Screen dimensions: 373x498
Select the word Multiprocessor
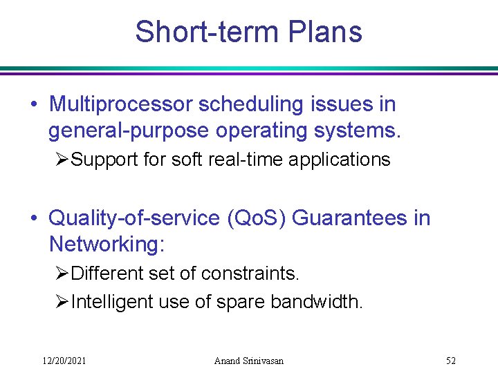click(121, 104)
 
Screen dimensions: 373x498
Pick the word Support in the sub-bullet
click(106, 160)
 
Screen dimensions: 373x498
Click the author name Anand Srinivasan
click(249, 361)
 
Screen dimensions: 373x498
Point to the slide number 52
click(451, 361)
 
